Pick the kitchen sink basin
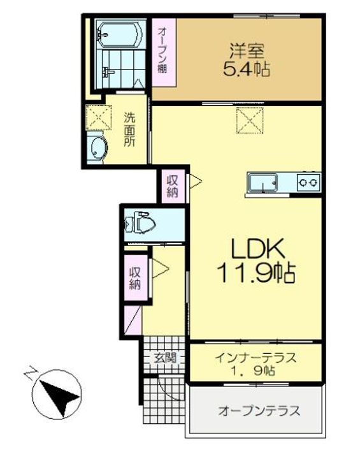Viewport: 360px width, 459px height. tap(263, 183)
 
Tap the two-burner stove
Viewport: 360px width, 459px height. tap(308, 182)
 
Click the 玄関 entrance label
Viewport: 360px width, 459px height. tap(164, 358)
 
